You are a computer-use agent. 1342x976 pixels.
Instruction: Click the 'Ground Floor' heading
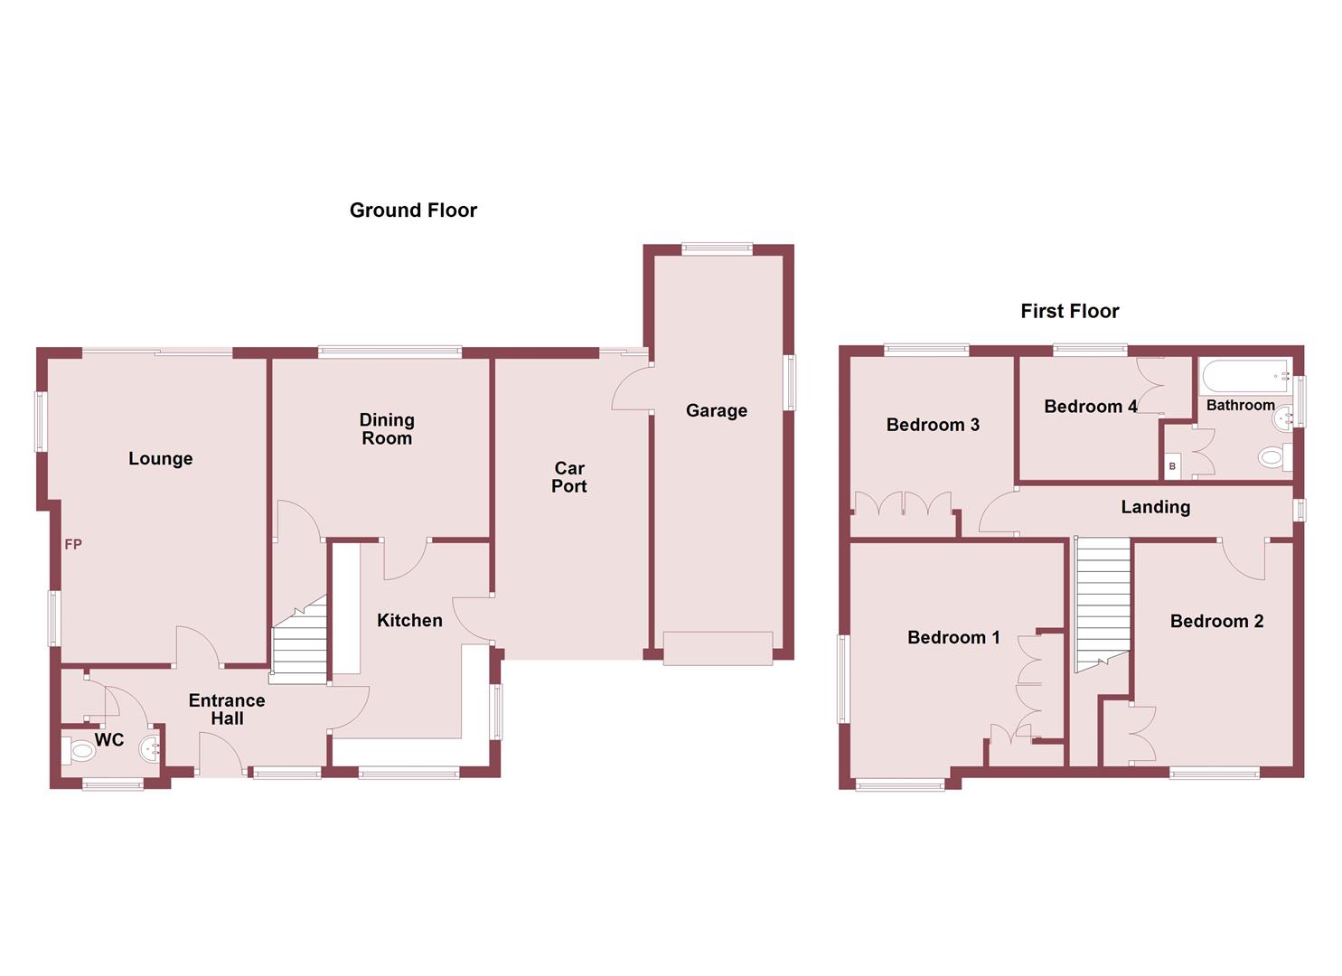pos(413,211)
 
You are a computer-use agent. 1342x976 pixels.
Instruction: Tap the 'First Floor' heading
pos(1069,312)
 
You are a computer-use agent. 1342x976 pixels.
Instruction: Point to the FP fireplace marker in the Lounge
pos(73,544)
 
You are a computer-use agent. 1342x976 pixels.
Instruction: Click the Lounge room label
pos(160,459)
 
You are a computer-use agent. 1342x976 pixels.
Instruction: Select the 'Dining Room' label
pos(387,429)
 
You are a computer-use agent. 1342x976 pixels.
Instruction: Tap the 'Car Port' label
pos(569,477)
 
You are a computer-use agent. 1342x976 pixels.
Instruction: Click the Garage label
pos(716,411)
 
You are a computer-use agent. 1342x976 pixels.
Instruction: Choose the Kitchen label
pos(409,621)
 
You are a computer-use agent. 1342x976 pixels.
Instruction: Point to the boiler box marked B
pos(1172,466)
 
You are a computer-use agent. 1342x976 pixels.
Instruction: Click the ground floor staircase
pos(300,642)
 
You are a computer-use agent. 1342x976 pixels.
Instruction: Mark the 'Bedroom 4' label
pos(1090,408)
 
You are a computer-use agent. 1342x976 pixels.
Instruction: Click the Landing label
pos(1155,508)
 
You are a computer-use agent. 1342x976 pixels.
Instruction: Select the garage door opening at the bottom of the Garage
pos(718,649)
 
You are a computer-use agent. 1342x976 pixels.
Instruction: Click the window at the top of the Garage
pos(717,249)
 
